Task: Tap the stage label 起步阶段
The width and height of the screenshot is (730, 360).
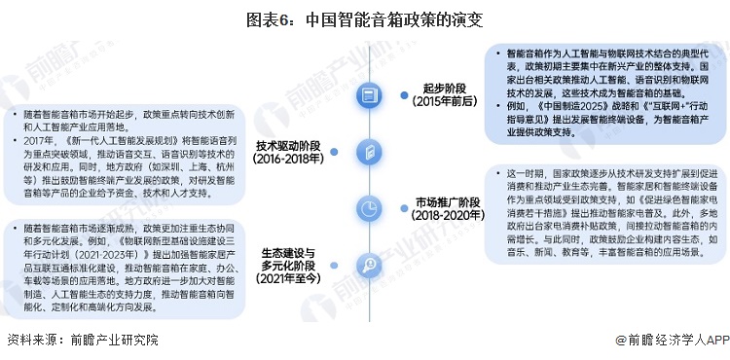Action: [x=438, y=87]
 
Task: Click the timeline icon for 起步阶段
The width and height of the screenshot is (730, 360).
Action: [x=367, y=94]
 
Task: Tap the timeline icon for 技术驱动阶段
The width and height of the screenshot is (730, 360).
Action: [x=367, y=150]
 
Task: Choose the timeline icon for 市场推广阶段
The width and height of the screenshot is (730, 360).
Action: [x=367, y=207]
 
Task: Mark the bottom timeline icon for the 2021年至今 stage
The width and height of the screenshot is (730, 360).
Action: [x=367, y=264]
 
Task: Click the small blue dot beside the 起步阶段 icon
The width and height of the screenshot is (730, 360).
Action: [x=403, y=94]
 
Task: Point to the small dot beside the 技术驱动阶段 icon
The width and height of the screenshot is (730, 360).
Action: [x=331, y=151]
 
